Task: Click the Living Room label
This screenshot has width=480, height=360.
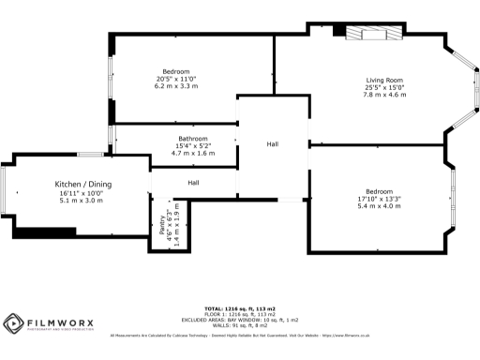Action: click(x=384, y=81)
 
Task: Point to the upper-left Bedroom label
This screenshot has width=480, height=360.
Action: click(x=176, y=72)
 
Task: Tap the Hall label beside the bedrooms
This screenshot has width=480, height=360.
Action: click(x=273, y=143)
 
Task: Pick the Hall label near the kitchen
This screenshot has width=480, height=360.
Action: click(x=193, y=182)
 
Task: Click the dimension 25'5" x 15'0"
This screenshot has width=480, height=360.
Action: click(x=384, y=88)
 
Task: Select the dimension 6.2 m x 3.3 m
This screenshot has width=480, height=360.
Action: click(x=176, y=87)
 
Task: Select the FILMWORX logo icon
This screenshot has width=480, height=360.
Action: click(x=12, y=325)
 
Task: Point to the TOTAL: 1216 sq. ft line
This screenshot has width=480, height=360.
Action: click(x=240, y=307)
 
